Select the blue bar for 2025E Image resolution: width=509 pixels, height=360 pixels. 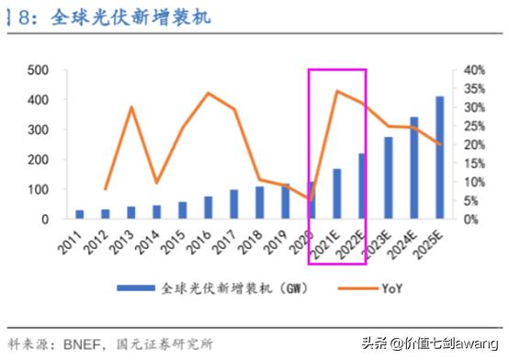tap(439, 158)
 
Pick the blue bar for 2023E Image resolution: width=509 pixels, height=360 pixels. tap(388, 178)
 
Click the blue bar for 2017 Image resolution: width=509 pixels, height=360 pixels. tap(233, 205)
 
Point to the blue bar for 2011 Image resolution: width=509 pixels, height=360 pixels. tap(80, 215)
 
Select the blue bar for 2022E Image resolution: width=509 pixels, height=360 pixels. tap(362, 186)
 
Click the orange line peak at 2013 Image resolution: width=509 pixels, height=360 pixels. tap(131, 107)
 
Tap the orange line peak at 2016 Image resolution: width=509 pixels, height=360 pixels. tap(208, 93)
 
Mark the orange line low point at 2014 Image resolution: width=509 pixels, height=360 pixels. tap(157, 183)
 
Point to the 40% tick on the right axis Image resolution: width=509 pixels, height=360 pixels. tap(472, 70)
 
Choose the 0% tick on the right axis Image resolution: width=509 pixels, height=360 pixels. tap(469, 219)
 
